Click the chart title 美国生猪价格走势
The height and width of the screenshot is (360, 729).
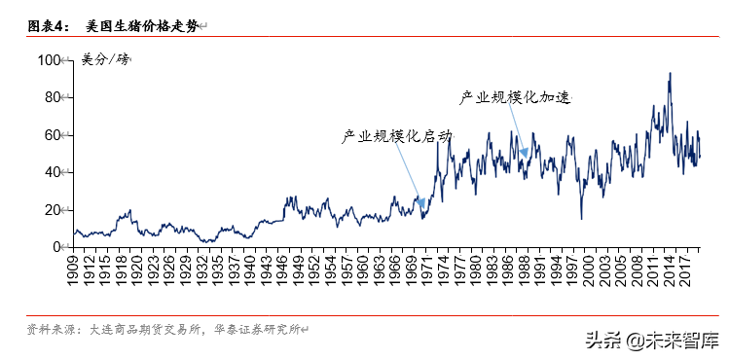141,27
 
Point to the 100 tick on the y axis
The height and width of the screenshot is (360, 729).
49,60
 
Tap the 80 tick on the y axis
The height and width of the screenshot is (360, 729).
52,97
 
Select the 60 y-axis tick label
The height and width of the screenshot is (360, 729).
52,135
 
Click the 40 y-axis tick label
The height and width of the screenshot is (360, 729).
52,172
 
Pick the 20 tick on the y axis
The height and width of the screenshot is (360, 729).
52,210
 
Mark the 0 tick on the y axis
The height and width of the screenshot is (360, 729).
55,247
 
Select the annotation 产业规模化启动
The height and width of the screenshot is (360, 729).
396,136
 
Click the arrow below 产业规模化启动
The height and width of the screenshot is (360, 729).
411,180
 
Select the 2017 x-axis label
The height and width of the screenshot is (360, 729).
685,271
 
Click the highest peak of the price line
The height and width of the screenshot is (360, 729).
670,73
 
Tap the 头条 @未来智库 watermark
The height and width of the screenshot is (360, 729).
651,341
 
